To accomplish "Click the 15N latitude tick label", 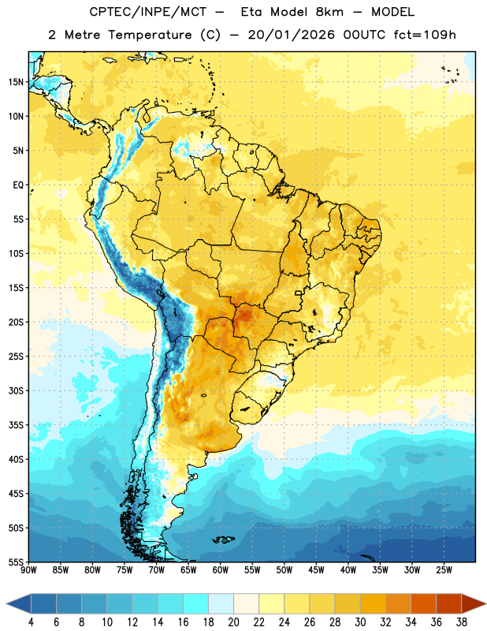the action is pos(16,82).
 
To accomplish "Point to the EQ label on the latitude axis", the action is pos(18,185).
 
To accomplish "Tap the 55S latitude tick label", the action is pos(16,562).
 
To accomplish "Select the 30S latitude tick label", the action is pos(16,390).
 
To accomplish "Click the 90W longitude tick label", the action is pos(28,570).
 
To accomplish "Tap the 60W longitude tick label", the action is pos(221,570).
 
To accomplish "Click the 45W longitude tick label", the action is pos(316,570).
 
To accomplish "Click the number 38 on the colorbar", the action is pos(461,622).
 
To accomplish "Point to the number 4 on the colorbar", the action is pos(31,622).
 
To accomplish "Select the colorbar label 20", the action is pos(233,622).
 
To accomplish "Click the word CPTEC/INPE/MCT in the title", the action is pos(147,12).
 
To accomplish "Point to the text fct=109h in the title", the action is pos(425,35).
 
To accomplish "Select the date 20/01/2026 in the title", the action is pos(291,35).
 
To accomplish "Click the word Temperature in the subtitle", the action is pos(150,35).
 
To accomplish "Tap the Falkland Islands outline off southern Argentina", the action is pos(224,540).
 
